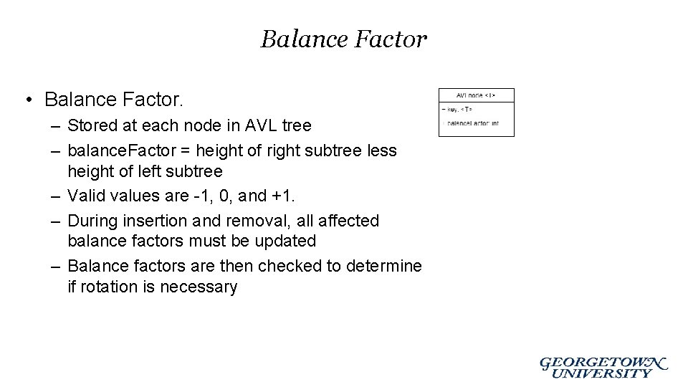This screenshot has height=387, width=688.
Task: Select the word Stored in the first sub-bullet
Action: [91, 125]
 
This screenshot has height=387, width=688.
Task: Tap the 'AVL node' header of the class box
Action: [476, 95]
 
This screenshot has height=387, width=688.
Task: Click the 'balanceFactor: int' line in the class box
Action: [473, 123]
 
